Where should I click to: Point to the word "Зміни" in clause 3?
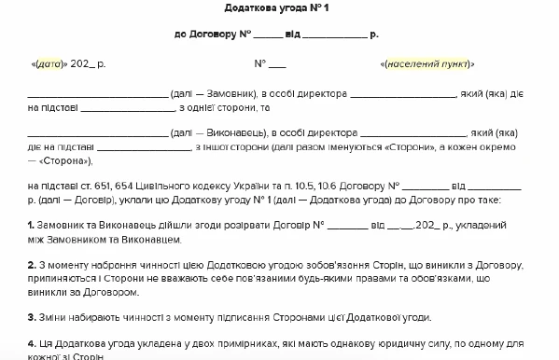[x=54, y=316]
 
